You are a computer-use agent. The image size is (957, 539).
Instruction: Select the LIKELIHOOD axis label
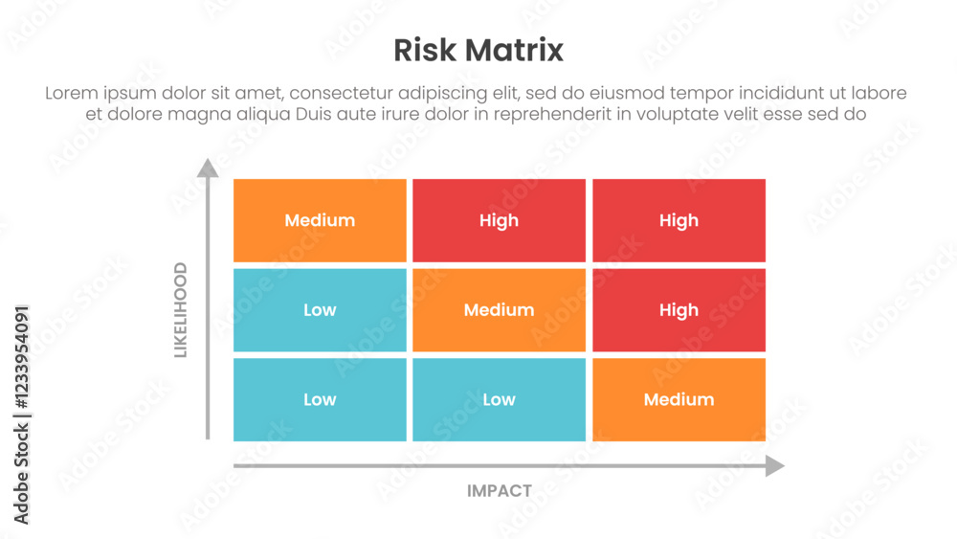click(180, 310)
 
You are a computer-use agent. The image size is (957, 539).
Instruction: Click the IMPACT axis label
click(500, 491)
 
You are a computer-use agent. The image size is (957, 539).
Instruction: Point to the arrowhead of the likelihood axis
click(208, 168)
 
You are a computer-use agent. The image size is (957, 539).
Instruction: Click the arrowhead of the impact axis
click(774, 466)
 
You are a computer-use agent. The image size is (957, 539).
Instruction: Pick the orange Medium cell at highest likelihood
click(320, 220)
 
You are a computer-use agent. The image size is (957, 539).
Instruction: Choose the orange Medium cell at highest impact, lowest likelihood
click(679, 399)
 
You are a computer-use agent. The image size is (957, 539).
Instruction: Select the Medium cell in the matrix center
click(499, 310)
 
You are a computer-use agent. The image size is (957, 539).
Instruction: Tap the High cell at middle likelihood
click(679, 310)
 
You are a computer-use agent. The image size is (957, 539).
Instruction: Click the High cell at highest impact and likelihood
click(679, 220)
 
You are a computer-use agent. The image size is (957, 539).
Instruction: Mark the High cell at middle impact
click(499, 220)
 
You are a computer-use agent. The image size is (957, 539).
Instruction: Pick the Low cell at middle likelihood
click(320, 310)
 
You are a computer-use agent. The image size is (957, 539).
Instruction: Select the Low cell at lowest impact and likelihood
click(320, 399)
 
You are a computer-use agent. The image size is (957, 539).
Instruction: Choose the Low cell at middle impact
click(499, 399)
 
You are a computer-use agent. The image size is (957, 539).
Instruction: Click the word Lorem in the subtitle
click(74, 94)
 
